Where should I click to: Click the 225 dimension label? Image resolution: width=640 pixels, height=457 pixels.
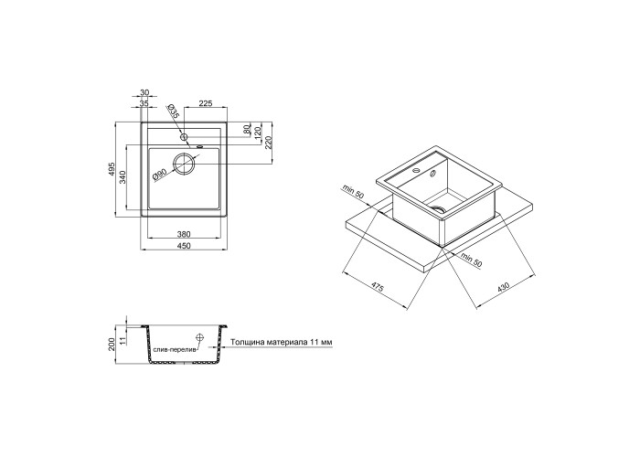206,103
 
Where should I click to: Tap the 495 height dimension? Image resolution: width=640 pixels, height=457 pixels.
112,169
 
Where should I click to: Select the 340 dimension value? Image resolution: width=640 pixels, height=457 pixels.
123,178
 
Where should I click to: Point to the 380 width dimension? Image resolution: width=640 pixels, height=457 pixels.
184,234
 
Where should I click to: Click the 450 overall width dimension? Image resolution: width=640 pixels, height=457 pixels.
184,245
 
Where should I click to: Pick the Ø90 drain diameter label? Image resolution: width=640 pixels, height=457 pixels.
158,175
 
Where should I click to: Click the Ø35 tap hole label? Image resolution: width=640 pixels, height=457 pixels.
173,111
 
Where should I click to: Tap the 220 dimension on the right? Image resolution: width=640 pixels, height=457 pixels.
268,143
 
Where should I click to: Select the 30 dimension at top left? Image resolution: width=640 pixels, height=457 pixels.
144,92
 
